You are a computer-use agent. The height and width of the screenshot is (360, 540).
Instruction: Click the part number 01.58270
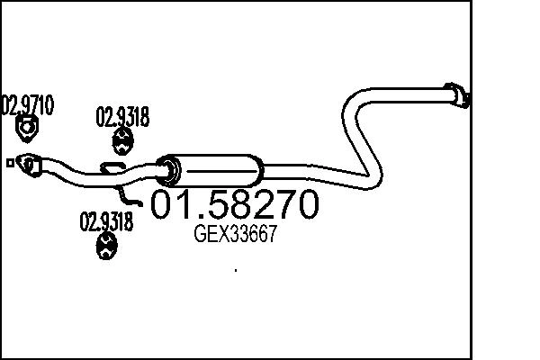click(233, 206)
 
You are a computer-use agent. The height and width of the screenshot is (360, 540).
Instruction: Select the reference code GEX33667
click(235, 236)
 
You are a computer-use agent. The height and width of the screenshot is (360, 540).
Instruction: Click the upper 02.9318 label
click(122, 117)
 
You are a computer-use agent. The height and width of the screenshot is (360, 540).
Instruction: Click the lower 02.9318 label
click(107, 220)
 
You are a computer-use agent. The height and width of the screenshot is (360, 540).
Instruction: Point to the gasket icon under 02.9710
click(28, 130)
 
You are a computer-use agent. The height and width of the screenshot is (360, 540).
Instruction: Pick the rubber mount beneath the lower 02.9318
click(108, 245)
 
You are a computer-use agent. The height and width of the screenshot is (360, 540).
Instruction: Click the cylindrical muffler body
click(216, 168)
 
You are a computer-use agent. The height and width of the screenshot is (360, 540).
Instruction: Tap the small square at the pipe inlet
click(8, 163)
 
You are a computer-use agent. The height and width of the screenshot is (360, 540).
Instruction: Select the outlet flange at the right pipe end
click(458, 94)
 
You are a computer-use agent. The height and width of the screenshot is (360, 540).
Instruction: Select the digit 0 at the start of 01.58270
click(166, 206)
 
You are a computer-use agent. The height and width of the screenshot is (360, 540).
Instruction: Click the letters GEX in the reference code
click(210, 236)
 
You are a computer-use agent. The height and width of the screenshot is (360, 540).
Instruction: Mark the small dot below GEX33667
click(235, 269)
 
